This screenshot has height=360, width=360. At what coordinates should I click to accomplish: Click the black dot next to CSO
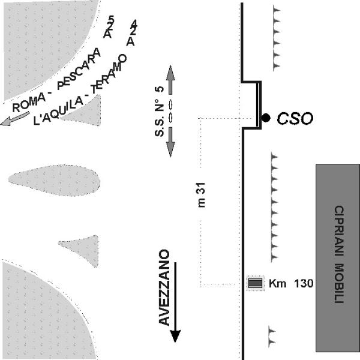pos(266,118)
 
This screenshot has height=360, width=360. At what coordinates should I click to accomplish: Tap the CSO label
pos(295,119)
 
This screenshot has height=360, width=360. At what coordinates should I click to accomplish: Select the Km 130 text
pos(291,283)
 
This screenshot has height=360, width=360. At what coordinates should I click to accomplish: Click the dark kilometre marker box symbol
pos(256,283)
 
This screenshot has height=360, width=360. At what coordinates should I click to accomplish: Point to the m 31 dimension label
pos(201,195)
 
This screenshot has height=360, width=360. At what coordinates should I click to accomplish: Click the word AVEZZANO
pos(164,287)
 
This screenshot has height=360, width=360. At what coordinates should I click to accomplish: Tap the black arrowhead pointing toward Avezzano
pos(175,336)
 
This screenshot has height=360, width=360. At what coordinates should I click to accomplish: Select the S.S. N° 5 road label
pos(160,112)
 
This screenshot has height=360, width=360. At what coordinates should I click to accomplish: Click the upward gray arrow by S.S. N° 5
pos(170,80)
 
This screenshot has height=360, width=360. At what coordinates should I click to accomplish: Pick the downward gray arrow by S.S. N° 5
pos(170,142)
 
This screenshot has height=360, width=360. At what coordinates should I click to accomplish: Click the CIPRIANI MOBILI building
pos(338,258)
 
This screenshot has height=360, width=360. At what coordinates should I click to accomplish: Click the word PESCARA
pos(79,68)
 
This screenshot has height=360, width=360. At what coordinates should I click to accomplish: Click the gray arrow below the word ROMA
pos(15,118)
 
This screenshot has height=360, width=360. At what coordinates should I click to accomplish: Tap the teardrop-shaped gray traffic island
pos(54,180)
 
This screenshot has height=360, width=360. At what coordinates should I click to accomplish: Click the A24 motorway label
pos(132,32)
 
